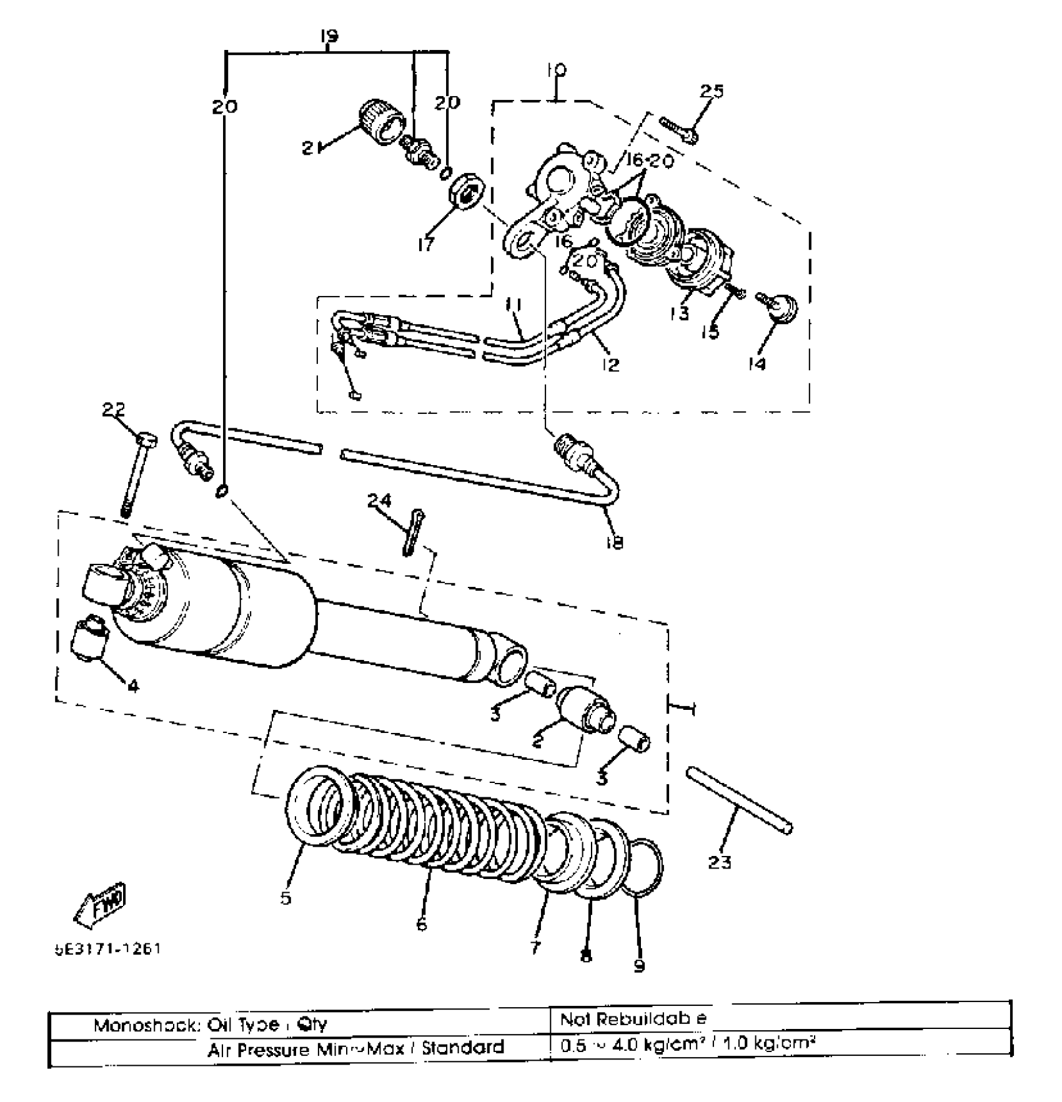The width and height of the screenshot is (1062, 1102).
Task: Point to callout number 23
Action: tap(720, 862)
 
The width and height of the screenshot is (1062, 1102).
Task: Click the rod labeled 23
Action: tap(740, 800)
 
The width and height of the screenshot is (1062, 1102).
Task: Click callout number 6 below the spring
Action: tap(422, 924)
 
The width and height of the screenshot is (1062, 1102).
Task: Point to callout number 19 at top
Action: tap(329, 36)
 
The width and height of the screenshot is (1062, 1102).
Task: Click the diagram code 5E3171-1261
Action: tap(107, 949)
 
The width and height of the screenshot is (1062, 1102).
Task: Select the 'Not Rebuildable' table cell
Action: tap(632, 1019)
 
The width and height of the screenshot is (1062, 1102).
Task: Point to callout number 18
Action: tap(615, 543)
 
